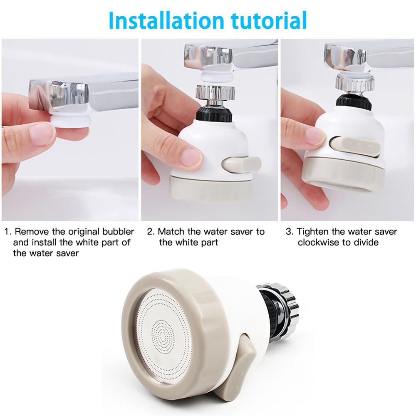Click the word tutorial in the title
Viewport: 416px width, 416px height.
point(269,20)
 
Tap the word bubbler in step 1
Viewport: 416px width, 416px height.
point(118,231)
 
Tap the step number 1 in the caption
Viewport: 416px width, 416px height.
point(7,232)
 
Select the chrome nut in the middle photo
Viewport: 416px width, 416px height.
point(215,93)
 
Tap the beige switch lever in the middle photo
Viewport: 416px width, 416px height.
point(240,164)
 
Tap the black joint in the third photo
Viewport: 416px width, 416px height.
point(354,102)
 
